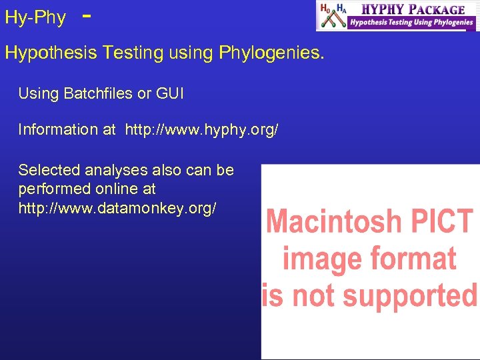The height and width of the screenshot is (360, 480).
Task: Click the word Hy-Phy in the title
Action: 35,18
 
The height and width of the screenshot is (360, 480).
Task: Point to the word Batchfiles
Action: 98,94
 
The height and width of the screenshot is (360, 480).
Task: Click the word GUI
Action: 170,94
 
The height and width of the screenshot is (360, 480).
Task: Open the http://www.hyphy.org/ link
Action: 201,129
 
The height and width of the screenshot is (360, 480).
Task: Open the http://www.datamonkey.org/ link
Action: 117,208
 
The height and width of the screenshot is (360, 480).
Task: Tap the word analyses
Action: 113,170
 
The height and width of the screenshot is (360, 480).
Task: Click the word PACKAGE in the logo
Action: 437,9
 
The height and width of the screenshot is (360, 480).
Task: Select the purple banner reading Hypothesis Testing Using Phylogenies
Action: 411,23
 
